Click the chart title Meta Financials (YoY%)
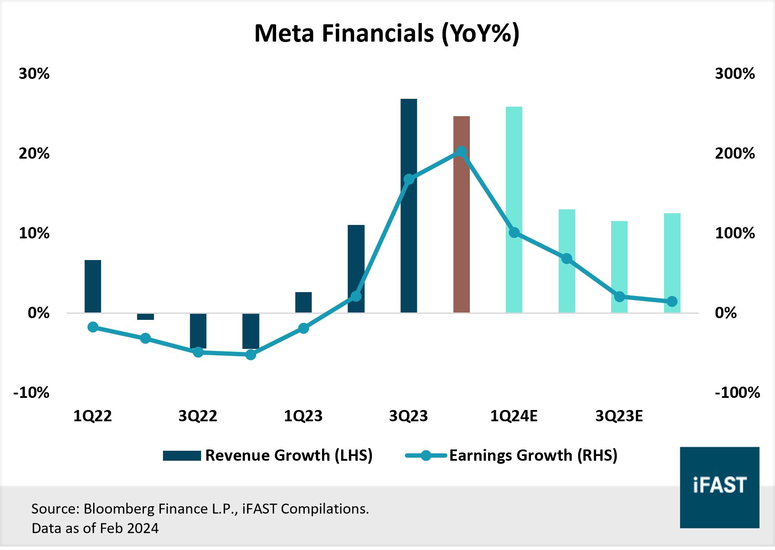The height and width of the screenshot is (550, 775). coord(387,33)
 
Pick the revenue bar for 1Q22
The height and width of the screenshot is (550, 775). coord(93,286)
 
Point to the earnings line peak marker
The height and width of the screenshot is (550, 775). coord(461,152)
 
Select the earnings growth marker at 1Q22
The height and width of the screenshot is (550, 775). coord(93,327)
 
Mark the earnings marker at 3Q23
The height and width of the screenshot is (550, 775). coord(409,179)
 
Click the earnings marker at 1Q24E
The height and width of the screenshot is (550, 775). coord(514,233)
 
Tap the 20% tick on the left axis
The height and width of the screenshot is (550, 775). coord(34,153)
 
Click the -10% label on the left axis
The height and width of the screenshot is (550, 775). coord(32,393)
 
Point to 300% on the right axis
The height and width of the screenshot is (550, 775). coord(735,74)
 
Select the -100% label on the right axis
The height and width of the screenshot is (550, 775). coord(737,393)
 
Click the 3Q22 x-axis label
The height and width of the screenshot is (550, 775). coord(198,416)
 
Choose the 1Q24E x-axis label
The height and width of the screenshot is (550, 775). coord(514,416)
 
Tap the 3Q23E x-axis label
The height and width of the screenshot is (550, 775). coord(619,416)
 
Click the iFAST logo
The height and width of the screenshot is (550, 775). coord(719,487)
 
